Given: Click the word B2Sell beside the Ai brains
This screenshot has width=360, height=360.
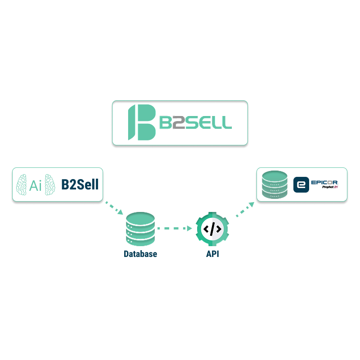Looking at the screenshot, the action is pos(80,184).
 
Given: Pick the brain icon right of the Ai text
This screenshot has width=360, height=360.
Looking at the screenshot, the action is pos(51,184).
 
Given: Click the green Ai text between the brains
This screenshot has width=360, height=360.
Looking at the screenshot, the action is pos(36,185).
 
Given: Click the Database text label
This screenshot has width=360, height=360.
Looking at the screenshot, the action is pos(140,254).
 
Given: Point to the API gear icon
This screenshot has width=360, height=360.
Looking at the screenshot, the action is pos(212,229).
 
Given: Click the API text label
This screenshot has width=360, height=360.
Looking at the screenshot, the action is pos(212,254).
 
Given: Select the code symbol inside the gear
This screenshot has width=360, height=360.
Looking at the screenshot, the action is pos(212,229).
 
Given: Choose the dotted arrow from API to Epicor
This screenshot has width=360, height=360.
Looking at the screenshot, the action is pos(245,208).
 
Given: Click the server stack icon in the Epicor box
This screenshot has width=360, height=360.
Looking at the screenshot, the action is pos(274,184).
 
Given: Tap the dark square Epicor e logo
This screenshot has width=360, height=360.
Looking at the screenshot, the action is pos(301,184).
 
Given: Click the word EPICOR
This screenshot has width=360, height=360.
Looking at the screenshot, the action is pos(324,182).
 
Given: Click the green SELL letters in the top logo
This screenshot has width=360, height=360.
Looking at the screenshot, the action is pos(209,122).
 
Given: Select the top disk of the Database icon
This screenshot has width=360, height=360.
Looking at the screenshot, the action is pos(140,219).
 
